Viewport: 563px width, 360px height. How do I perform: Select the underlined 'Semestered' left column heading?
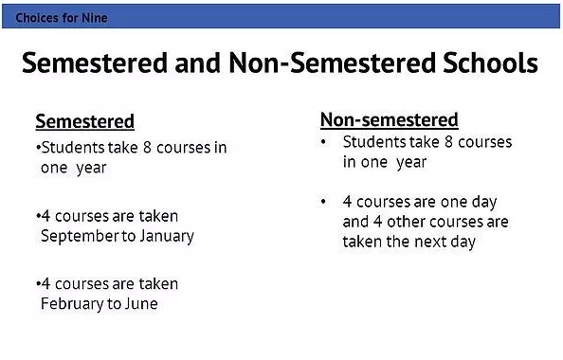(x=84, y=121)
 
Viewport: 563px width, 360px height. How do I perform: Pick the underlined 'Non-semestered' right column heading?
(x=390, y=120)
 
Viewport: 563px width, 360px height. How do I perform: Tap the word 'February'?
(x=74, y=304)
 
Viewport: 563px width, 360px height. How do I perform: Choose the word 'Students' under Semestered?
(x=72, y=148)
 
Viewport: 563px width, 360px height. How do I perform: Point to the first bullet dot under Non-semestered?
(x=323, y=142)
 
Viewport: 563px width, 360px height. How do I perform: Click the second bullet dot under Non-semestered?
(x=323, y=202)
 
